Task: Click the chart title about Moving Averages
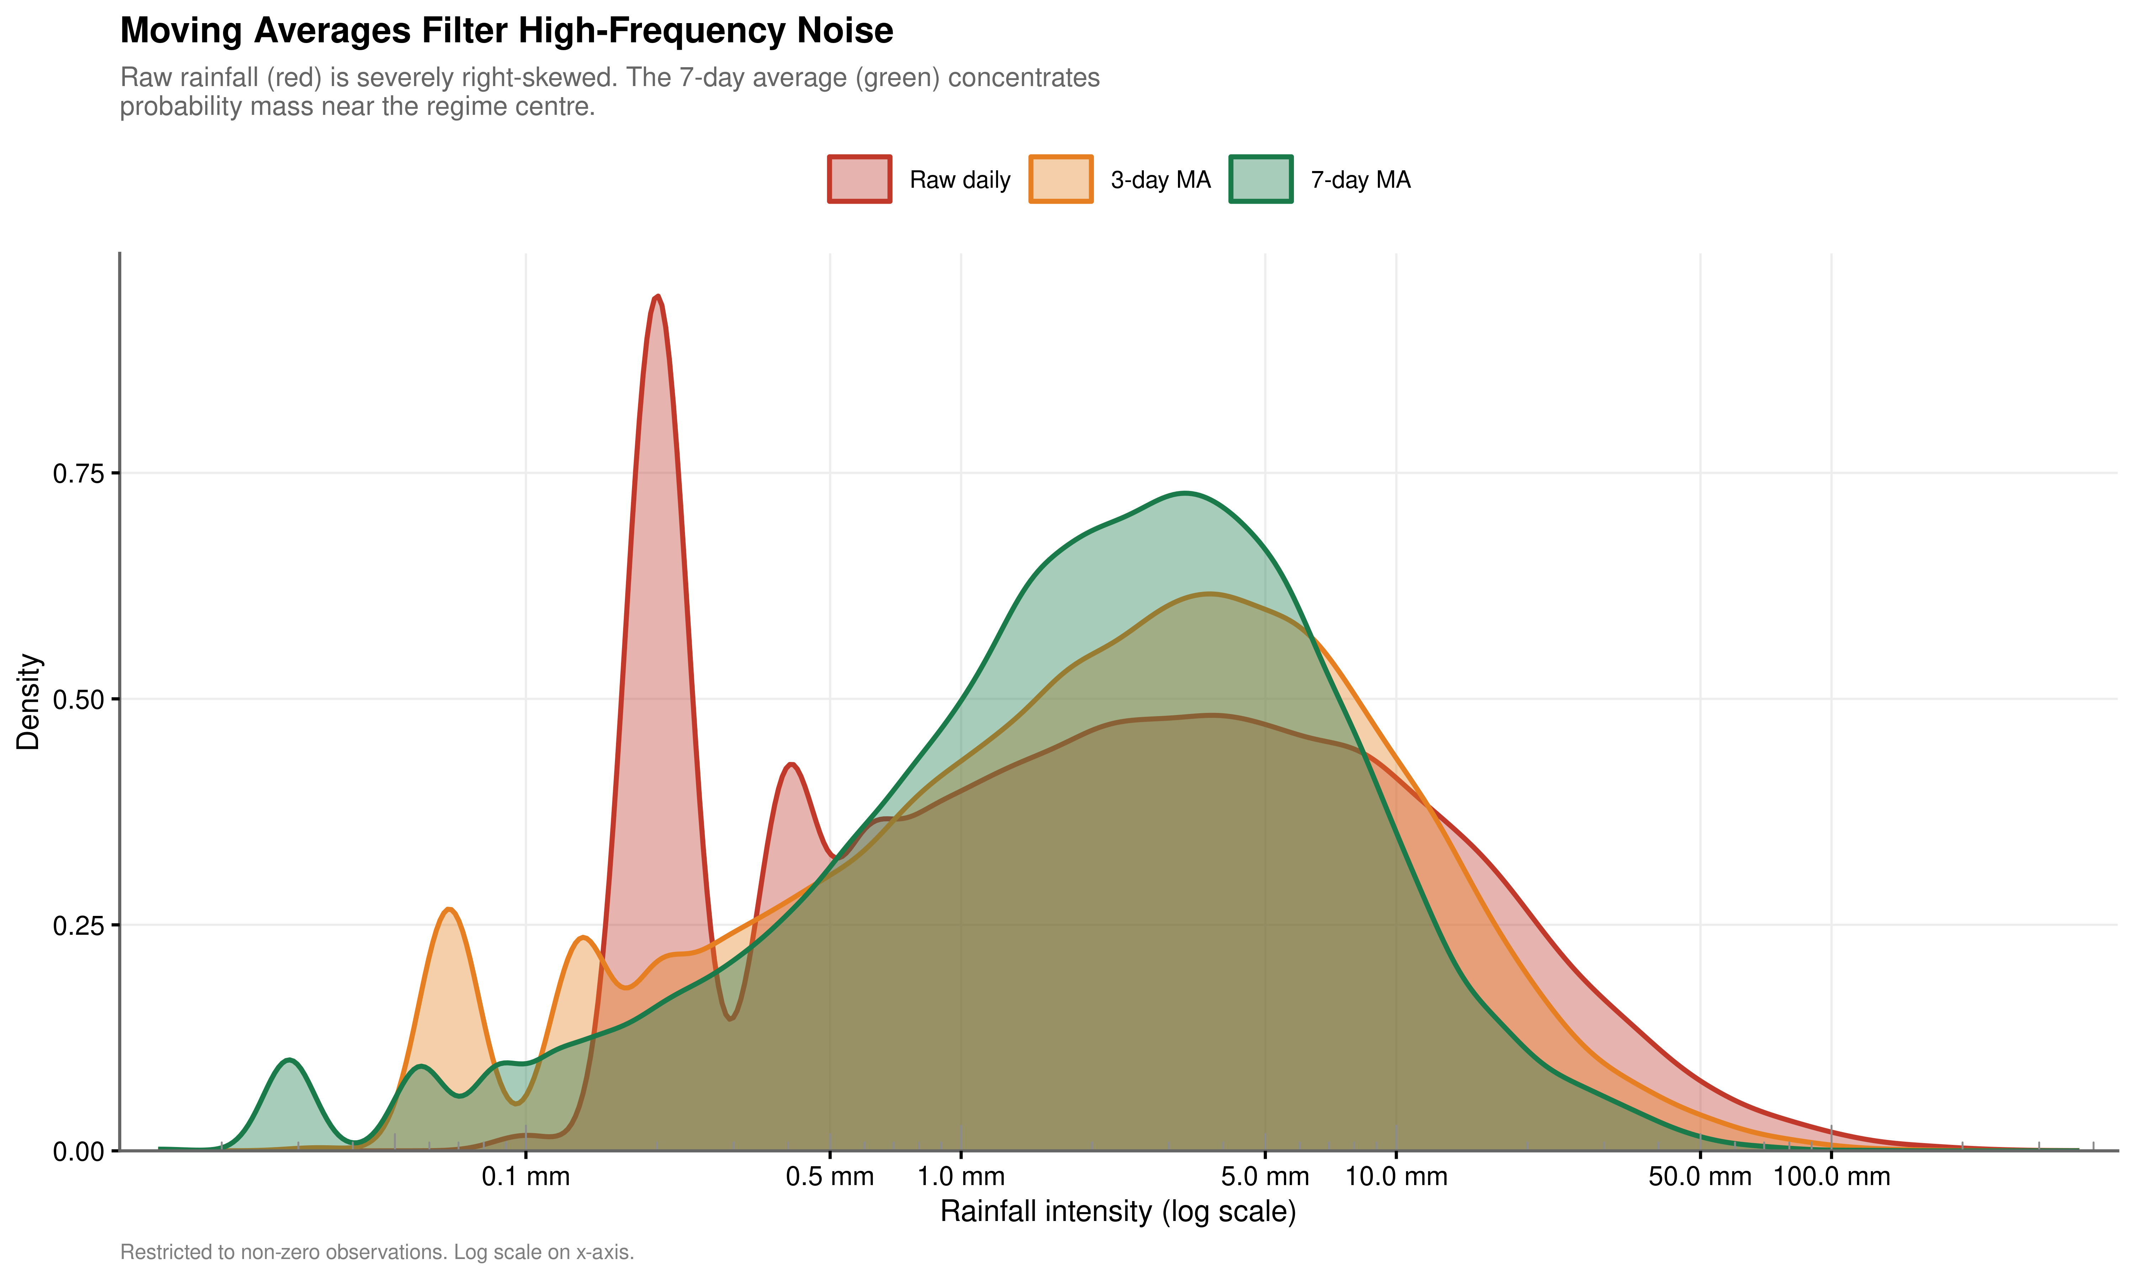click(506, 31)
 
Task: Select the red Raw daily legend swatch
click(859, 180)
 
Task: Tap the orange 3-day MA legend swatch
click(1060, 180)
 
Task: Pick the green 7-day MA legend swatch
click(1260, 180)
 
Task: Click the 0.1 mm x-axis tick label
click(525, 1177)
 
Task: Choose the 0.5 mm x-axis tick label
click(830, 1177)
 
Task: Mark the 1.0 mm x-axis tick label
click(961, 1177)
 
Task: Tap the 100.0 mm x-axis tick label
click(1831, 1177)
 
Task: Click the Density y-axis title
click(28, 701)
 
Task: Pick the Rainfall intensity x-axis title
click(1118, 1212)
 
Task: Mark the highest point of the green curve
click(1186, 494)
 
